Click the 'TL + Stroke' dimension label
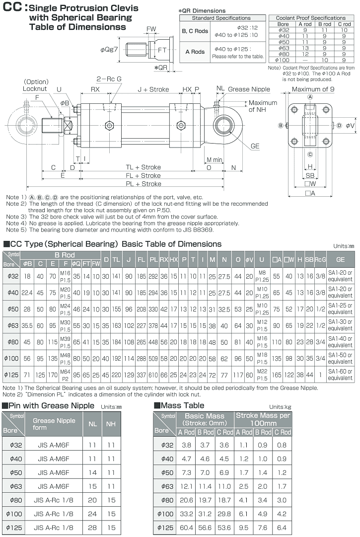point(143,167)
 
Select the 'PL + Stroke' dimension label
point(144,184)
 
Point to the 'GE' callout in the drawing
point(255,146)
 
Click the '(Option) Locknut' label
point(36,85)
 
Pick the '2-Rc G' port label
point(109,79)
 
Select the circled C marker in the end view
point(310,154)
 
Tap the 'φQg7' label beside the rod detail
point(109,50)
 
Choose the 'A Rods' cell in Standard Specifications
point(195,52)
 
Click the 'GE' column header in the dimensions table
point(340,259)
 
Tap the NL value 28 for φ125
point(92,527)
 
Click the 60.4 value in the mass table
point(186,527)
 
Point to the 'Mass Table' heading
point(179,406)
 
